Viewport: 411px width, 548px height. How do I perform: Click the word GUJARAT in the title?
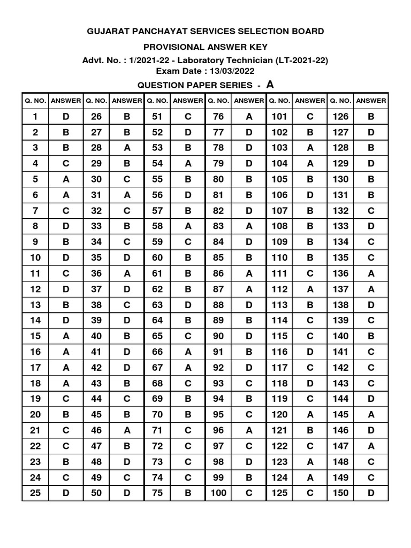point(109,32)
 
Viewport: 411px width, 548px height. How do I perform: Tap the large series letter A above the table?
point(270,84)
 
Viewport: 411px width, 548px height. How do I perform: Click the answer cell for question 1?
point(66,117)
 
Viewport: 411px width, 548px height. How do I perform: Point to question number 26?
point(96,117)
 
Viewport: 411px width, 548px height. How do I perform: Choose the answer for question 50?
point(127,493)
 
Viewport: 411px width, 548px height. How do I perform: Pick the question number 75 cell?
point(157,493)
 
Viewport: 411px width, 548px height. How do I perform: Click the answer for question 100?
point(249,493)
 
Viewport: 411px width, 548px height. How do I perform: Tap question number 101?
point(279,117)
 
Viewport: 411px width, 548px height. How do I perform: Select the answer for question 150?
point(371,493)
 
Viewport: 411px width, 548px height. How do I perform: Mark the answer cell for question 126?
point(371,117)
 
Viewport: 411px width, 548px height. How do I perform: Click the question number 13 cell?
point(35,305)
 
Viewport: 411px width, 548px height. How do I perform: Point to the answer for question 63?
point(188,305)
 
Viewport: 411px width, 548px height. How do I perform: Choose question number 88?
point(218,305)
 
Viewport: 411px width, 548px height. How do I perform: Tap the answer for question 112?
point(310,289)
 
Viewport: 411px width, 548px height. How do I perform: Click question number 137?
point(340,289)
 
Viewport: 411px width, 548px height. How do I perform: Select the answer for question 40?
point(127,336)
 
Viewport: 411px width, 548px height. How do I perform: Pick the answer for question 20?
point(66,414)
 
